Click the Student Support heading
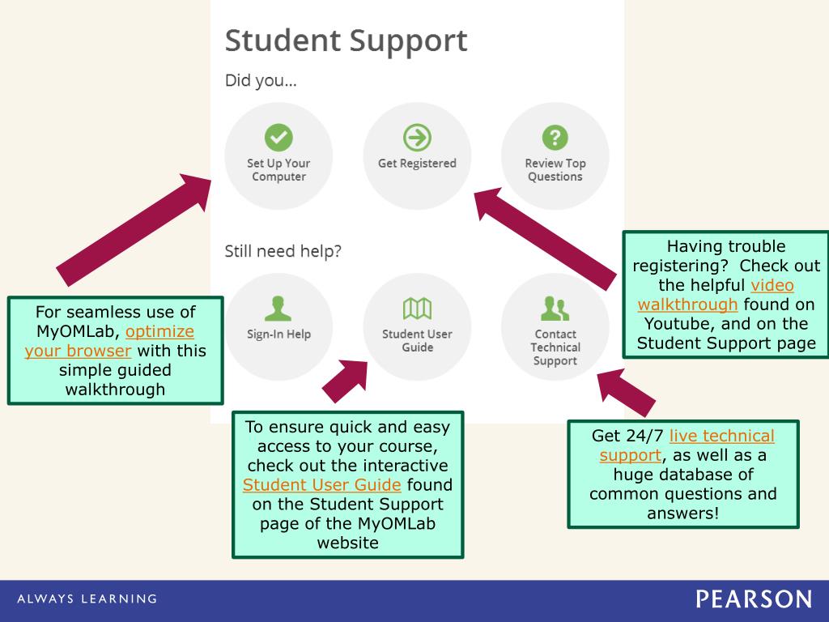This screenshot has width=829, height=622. tap(346, 40)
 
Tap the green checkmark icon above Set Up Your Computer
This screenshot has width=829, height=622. tap(278, 138)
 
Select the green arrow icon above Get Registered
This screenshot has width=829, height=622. tap(417, 138)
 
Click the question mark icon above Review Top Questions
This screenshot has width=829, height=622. tap(555, 138)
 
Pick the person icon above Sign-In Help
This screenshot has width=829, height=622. tap(278, 309)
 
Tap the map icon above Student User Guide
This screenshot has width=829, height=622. tap(417, 309)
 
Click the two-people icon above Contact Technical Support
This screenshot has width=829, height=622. tap(555, 309)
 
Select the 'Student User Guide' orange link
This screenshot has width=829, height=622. tap(322, 485)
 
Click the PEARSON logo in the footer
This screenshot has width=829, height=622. tap(753, 599)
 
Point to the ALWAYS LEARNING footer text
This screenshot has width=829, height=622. tap(87, 599)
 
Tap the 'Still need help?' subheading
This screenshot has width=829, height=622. tap(283, 252)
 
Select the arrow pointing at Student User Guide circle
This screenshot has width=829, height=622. tap(346, 380)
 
